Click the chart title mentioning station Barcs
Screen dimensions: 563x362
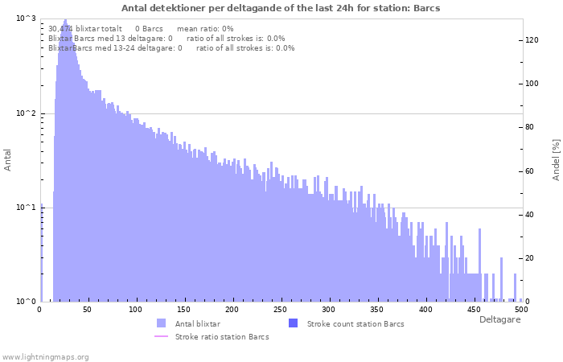tap(281, 8)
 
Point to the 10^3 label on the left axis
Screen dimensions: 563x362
tap(27, 18)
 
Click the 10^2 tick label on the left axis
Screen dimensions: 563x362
tap(27, 113)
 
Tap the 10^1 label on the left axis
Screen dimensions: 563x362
tap(27, 208)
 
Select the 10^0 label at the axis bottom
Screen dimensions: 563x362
tap(27, 302)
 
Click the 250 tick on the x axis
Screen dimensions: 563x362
tap(280, 309)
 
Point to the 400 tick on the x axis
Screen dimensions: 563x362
tap(425, 309)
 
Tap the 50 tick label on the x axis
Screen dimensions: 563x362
tap(87, 309)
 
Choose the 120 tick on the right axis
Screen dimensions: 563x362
tap(532, 40)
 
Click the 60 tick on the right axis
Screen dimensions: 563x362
tap(529, 171)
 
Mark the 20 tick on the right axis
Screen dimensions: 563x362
tap(529, 258)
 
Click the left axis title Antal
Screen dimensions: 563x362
tap(7, 160)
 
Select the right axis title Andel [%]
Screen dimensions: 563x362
tap(556, 160)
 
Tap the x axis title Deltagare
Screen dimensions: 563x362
tap(499, 319)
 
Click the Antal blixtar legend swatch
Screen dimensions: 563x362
tap(161, 323)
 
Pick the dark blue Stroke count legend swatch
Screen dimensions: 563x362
tap(293, 323)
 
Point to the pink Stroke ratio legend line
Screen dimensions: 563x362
tap(161, 336)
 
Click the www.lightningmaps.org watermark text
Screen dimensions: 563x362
tap(45, 357)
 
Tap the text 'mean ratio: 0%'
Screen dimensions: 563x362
tap(205, 29)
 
